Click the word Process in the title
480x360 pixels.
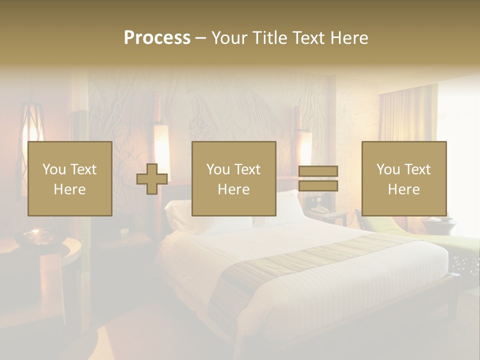coord(157,38)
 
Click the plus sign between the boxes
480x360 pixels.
coord(152,179)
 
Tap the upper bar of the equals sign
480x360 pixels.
coord(318,171)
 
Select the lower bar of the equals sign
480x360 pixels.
coord(318,186)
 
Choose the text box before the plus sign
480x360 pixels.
coord(69,178)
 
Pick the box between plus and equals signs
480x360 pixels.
coord(233,178)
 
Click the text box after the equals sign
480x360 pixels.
coord(403,178)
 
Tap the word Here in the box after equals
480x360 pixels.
coord(403,189)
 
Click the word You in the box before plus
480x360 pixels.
coord(54,169)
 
